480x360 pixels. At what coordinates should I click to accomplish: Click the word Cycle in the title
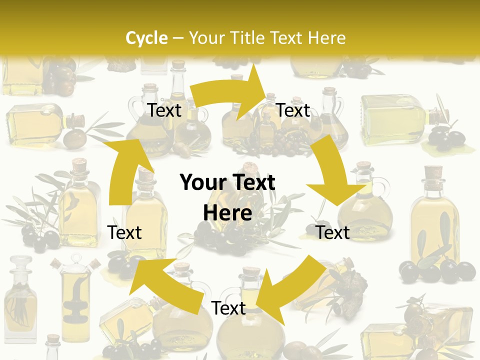tap(146, 38)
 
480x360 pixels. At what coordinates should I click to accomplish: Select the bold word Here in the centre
tap(227, 213)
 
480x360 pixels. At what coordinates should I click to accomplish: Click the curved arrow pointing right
tap(230, 93)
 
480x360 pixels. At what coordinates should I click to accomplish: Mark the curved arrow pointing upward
tap(125, 170)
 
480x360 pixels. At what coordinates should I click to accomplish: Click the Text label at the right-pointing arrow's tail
tap(164, 110)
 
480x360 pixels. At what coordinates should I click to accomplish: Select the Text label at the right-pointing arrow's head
tap(293, 110)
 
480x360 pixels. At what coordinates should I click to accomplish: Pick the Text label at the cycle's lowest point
tap(228, 308)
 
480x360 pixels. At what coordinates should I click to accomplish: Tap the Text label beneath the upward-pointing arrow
tap(124, 232)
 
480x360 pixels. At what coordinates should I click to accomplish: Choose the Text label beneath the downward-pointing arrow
tap(333, 232)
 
